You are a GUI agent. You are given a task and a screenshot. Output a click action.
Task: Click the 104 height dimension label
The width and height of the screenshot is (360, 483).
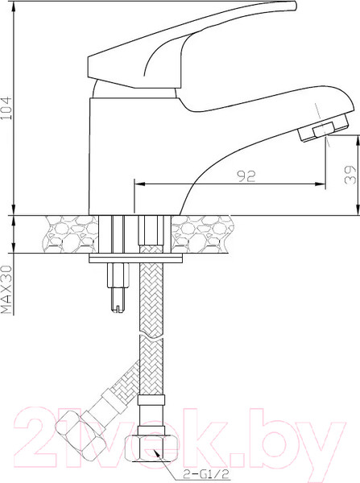(x=6, y=108)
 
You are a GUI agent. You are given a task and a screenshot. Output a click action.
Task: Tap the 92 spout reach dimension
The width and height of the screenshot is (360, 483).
(x=246, y=176)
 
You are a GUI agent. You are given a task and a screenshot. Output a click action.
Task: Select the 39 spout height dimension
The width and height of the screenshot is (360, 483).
(x=350, y=175)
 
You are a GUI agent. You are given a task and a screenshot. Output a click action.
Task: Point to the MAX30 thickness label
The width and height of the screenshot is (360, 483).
(x=6, y=289)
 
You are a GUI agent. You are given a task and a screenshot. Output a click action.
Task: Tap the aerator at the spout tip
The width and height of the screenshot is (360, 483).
(x=323, y=129)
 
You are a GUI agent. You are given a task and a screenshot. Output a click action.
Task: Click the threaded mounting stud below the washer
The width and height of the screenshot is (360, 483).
(x=118, y=288)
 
